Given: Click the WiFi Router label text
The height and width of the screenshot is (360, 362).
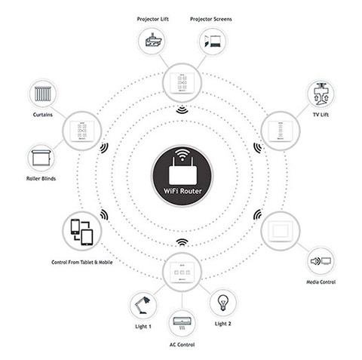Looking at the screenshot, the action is [183, 191].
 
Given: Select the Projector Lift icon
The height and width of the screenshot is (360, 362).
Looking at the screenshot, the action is [153, 41].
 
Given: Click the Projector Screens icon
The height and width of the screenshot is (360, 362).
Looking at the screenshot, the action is [213, 41].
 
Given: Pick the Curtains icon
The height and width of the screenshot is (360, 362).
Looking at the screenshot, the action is [43, 94].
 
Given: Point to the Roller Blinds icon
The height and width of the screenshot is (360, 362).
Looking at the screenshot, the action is [41, 158].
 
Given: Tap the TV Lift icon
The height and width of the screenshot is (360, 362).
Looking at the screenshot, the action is [321, 94].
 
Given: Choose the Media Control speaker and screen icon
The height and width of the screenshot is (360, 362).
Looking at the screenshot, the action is [321, 261].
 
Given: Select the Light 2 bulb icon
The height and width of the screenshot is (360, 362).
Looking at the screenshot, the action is [222, 303].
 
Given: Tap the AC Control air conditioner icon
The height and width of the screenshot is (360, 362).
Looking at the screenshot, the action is [182, 323].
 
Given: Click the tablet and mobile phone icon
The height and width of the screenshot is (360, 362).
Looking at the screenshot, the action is [82, 232].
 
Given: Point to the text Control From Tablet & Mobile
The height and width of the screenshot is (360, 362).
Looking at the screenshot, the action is [82, 262].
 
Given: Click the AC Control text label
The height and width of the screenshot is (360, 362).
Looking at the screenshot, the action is [182, 345].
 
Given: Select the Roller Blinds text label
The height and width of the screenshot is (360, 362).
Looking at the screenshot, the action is [41, 179].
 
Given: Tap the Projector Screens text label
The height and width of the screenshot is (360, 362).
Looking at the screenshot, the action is [211, 19].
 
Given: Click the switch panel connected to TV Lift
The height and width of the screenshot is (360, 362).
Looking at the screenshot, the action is [281, 131].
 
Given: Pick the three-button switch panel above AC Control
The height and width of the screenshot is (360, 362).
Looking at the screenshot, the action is [182, 272].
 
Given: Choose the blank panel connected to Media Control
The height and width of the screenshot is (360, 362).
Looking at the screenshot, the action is [281, 231].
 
